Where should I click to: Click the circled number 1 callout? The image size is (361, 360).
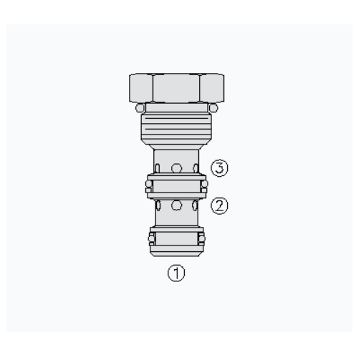coord(176,273)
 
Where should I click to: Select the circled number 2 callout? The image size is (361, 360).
coord(219,205)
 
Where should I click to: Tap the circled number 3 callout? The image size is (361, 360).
coord(219,168)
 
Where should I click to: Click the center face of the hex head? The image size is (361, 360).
coord(176,88)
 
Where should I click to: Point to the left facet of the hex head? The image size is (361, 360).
coord(141,88)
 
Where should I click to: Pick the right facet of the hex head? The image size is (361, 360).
coord(212,88)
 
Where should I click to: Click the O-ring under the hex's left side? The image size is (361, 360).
coord(140,108)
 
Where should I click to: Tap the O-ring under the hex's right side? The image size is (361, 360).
coord(213,108)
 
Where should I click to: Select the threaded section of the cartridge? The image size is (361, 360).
coord(176,127)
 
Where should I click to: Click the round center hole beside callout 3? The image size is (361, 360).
coord(176,168)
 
